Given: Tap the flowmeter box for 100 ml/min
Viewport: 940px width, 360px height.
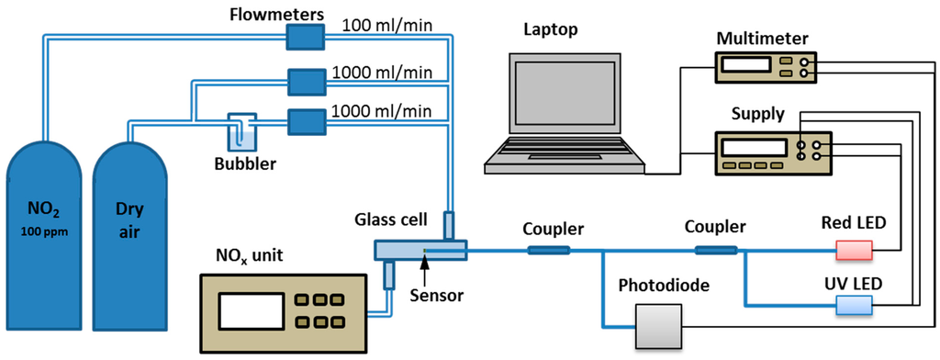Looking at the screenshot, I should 306,36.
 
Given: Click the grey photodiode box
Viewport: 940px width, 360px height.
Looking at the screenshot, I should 660,325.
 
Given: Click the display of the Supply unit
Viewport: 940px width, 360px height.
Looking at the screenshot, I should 754,148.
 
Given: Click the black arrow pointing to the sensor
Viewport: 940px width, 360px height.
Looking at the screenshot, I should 424,264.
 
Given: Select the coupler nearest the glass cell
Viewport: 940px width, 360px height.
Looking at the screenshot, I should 548,249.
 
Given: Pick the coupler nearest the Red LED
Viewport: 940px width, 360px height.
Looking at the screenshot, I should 716,249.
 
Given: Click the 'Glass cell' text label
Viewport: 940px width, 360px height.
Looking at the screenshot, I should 389,219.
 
